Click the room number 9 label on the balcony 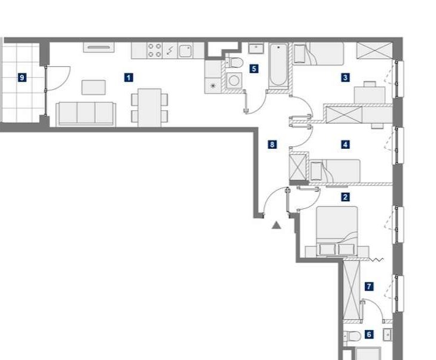(x=22, y=78)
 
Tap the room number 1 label (x=128, y=78)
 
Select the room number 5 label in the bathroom (x=254, y=69)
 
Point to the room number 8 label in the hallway (x=272, y=144)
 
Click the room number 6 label (x=369, y=334)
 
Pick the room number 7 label (x=369, y=287)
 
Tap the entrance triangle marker (x=276, y=225)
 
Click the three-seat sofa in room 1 (x=86, y=114)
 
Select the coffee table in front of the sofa (x=93, y=87)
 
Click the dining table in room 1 (x=149, y=107)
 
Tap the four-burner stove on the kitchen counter (x=154, y=50)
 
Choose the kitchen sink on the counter (x=185, y=51)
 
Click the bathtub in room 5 (x=278, y=66)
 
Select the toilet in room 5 (x=234, y=63)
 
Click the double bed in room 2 (x=337, y=231)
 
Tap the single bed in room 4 (x=335, y=171)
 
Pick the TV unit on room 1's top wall (x=99, y=47)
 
